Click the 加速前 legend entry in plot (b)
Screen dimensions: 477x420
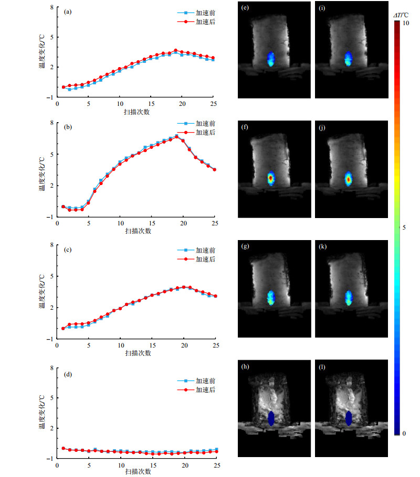(205, 124)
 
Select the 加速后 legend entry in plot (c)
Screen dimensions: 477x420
(205, 259)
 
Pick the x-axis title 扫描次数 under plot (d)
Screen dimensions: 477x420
(138, 472)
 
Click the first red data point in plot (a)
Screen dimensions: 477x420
(64, 87)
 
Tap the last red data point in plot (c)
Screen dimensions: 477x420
(215, 296)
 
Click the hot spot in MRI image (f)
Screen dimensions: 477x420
(270, 178)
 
